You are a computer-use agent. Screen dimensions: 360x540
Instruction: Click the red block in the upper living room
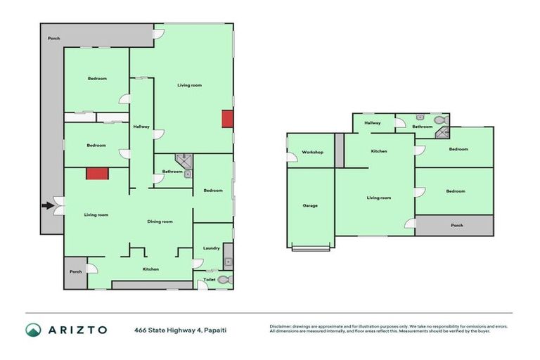coord(227,119)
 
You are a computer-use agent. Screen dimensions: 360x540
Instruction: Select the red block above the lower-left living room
coord(96,174)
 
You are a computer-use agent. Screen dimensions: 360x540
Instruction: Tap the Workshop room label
coord(312,152)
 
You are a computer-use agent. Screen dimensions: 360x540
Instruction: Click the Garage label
coord(310,205)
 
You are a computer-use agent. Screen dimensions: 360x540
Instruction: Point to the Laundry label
coord(211,247)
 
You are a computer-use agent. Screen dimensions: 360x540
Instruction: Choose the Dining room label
coord(160,221)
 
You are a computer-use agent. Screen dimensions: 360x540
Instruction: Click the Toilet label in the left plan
coord(210,280)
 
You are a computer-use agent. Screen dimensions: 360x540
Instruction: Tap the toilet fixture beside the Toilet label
coord(224,280)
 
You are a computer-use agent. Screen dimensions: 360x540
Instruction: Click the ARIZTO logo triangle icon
coord(33,330)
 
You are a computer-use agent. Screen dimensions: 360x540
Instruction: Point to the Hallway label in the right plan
coord(373,122)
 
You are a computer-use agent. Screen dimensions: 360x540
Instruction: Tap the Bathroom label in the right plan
coord(422,127)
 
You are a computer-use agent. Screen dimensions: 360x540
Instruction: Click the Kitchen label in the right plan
coord(379,151)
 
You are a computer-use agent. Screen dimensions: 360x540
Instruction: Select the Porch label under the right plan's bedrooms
coord(457,226)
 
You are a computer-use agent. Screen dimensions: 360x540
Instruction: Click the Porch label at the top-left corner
coord(53,38)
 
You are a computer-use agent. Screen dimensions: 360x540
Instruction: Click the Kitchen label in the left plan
coord(150,269)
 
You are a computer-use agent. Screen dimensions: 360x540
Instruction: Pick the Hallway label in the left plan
coord(141,126)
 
